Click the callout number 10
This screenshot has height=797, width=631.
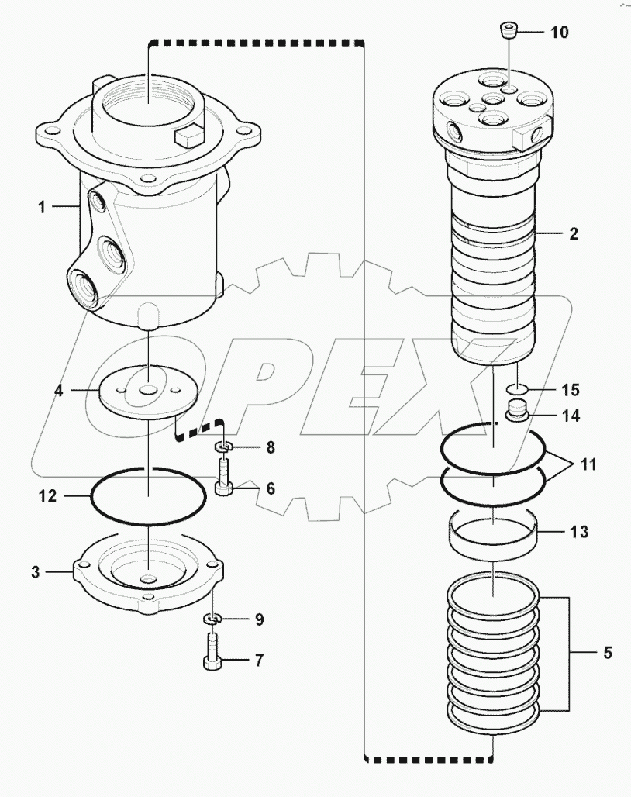coord(559,32)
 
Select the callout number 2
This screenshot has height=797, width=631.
coord(573,233)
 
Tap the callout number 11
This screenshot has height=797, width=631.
coord(588,466)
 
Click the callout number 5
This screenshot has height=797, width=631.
coord(606,653)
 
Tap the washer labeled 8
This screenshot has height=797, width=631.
coord(222,447)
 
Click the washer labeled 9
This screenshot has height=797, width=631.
coord(212,619)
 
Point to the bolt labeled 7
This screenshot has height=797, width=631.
coord(212,652)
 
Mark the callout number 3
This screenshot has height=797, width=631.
coord(36,572)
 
